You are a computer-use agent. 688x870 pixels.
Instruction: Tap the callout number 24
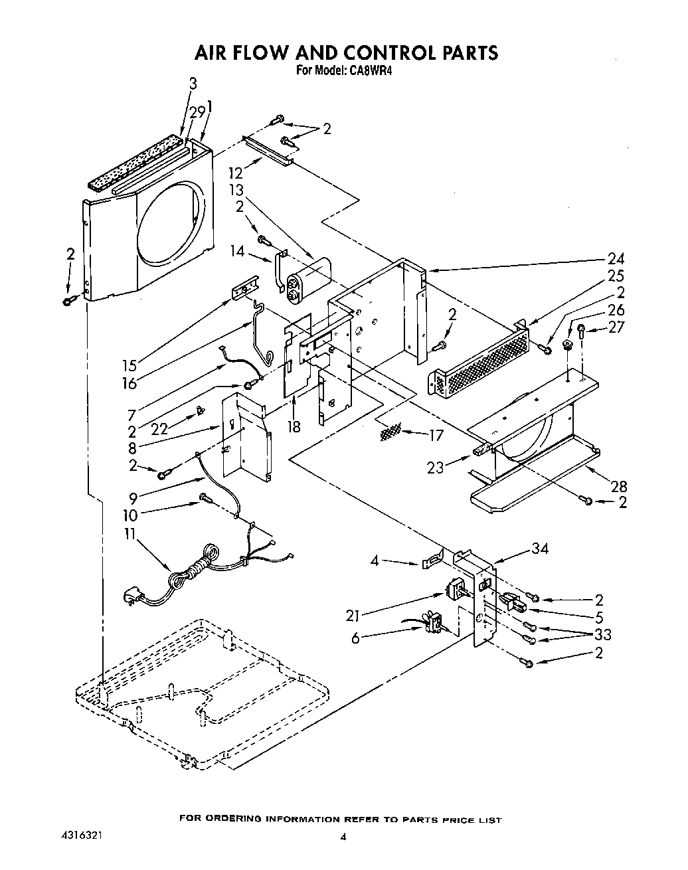616,260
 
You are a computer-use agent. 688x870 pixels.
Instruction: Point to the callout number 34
541,549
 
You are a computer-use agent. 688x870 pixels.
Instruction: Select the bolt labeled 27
581,330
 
